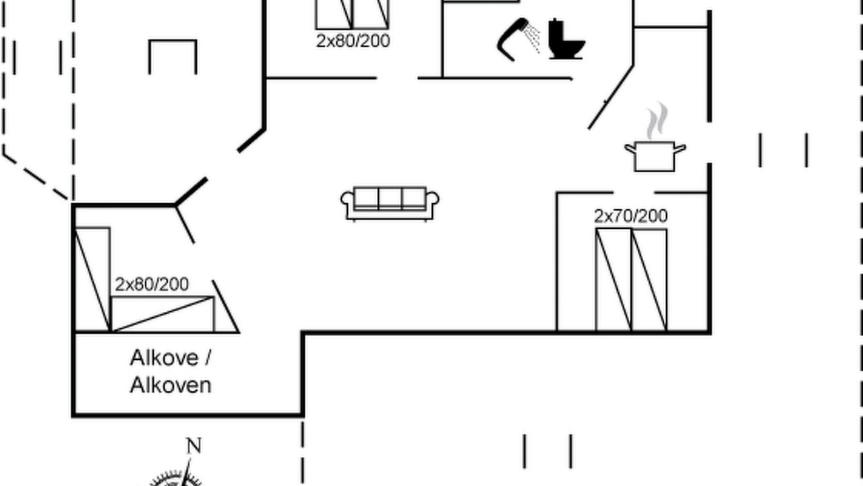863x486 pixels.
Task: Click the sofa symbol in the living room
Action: pyautogui.click(x=390, y=204)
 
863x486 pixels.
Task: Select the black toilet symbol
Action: pyautogui.click(x=566, y=39)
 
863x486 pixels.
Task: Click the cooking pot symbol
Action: pyautogui.click(x=655, y=156)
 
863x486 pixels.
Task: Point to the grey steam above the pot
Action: pyautogui.click(x=657, y=122)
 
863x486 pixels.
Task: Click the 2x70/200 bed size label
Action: pyautogui.click(x=630, y=217)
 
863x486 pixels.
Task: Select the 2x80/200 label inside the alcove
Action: pyautogui.click(x=152, y=285)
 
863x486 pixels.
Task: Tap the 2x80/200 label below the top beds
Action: pyautogui.click(x=353, y=41)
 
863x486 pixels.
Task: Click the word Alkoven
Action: pyautogui.click(x=171, y=385)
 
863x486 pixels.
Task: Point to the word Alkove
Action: pyautogui.click(x=158, y=358)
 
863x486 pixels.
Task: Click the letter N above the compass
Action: pyautogui.click(x=194, y=446)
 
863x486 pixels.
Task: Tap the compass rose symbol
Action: pyautogui.click(x=175, y=479)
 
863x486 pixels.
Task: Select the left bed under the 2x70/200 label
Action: pyautogui.click(x=614, y=280)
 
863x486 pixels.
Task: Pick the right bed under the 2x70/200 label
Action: pyautogui.click(x=649, y=280)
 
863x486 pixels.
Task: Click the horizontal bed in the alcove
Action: pyautogui.click(x=162, y=315)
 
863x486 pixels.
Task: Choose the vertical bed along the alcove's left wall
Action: pyautogui.click(x=92, y=279)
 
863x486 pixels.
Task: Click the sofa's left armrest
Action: pyautogui.click(x=347, y=205)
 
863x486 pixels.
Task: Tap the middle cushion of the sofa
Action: pyautogui.click(x=390, y=198)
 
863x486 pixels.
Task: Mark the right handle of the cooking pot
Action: pyautogui.click(x=680, y=148)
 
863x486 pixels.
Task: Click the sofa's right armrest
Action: pyautogui.click(x=433, y=205)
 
